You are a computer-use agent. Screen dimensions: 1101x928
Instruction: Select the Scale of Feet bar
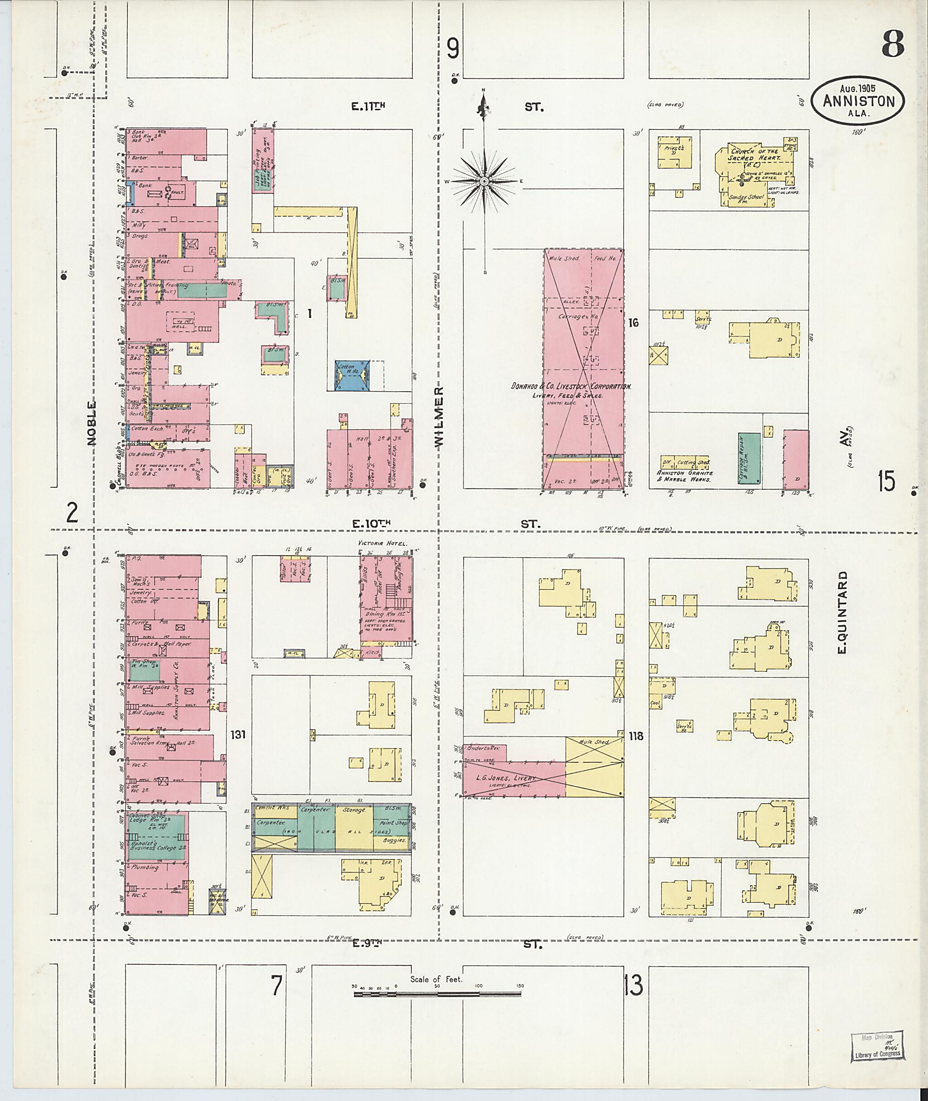tap(437, 994)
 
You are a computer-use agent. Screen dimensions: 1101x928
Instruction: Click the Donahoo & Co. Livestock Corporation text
tap(571, 386)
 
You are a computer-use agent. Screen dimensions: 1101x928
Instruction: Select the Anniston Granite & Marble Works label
tap(684, 476)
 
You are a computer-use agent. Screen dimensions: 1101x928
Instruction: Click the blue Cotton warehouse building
tap(353, 375)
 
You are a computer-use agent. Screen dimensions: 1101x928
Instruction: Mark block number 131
tap(238, 734)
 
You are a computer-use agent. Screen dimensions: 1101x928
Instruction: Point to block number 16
tap(633, 322)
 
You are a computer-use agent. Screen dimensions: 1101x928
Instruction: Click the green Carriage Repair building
tap(749, 458)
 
